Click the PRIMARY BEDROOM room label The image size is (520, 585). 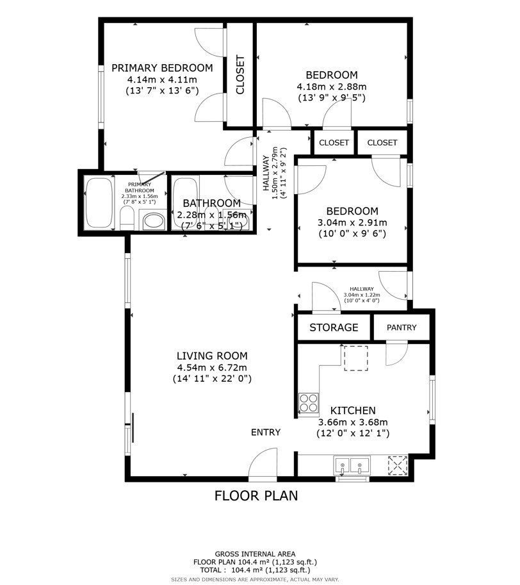click(x=161, y=68)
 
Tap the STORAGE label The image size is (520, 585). click(x=334, y=327)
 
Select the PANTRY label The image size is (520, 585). click(x=402, y=327)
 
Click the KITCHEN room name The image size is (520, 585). click(x=353, y=411)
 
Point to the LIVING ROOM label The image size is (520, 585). click(x=212, y=356)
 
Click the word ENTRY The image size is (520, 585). click(x=265, y=433)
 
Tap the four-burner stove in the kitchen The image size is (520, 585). click(x=309, y=403)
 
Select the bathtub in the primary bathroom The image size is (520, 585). click(x=99, y=203)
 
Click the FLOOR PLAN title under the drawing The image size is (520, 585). click(x=256, y=495)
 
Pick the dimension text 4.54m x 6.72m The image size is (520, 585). click(x=212, y=367)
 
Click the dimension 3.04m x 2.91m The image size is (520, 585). click(x=352, y=223)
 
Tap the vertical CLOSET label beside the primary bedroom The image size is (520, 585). click(x=240, y=76)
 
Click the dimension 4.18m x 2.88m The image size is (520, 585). click(x=331, y=87)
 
